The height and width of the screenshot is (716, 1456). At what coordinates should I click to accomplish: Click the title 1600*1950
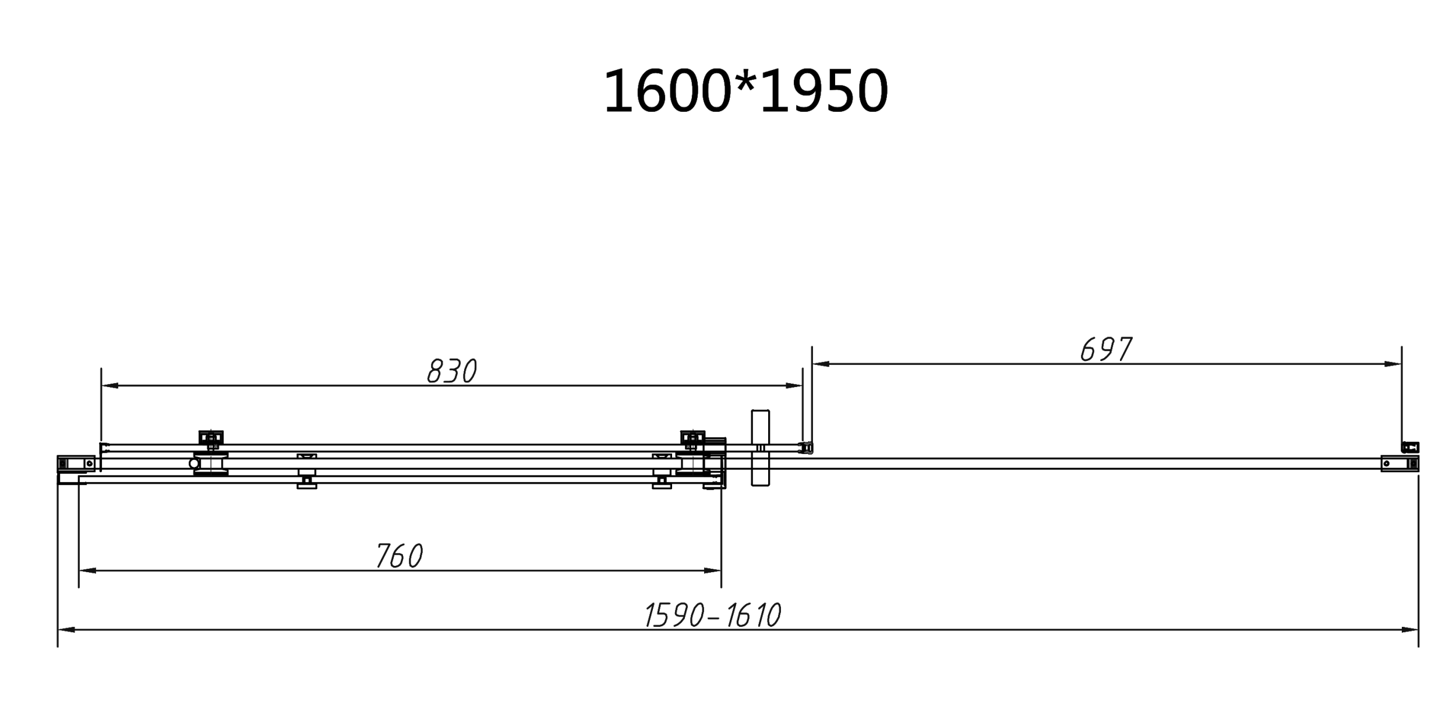coord(745,91)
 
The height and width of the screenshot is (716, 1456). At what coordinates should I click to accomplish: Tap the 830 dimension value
coord(452,371)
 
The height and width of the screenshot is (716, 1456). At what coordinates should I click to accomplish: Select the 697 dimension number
coord(1106,349)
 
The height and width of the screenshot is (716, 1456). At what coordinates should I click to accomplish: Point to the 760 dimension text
coord(400,556)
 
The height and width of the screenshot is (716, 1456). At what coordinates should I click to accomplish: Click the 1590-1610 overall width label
coord(713,615)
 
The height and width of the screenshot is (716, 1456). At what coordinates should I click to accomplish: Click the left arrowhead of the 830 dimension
coord(109,385)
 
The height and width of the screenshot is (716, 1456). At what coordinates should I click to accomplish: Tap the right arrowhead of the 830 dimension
coord(794,385)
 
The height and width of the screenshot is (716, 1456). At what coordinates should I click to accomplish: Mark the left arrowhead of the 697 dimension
coord(821,364)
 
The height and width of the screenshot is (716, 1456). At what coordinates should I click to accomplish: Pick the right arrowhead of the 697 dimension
coord(1393,364)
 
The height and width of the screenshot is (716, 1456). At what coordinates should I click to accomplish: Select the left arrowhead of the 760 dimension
coord(87,570)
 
